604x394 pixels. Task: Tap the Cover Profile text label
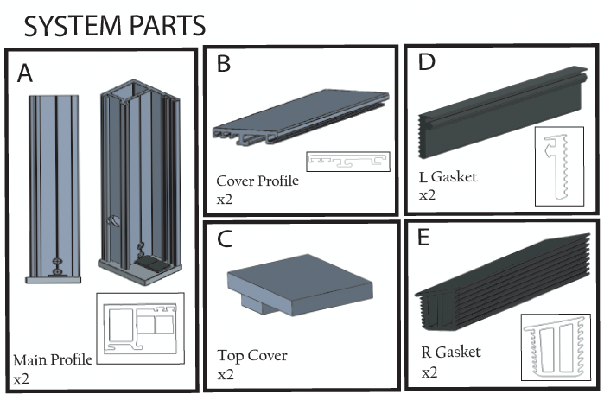[x=257, y=181]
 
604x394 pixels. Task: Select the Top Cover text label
[x=252, y=355]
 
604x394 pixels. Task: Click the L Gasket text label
[x=448, y=177]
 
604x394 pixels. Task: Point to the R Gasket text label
[x=449, y=352]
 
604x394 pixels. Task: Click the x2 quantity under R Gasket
[x=429, y=372]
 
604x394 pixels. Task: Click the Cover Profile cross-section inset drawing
[x=348, y=162]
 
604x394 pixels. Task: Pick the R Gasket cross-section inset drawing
[x=555, y=347]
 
